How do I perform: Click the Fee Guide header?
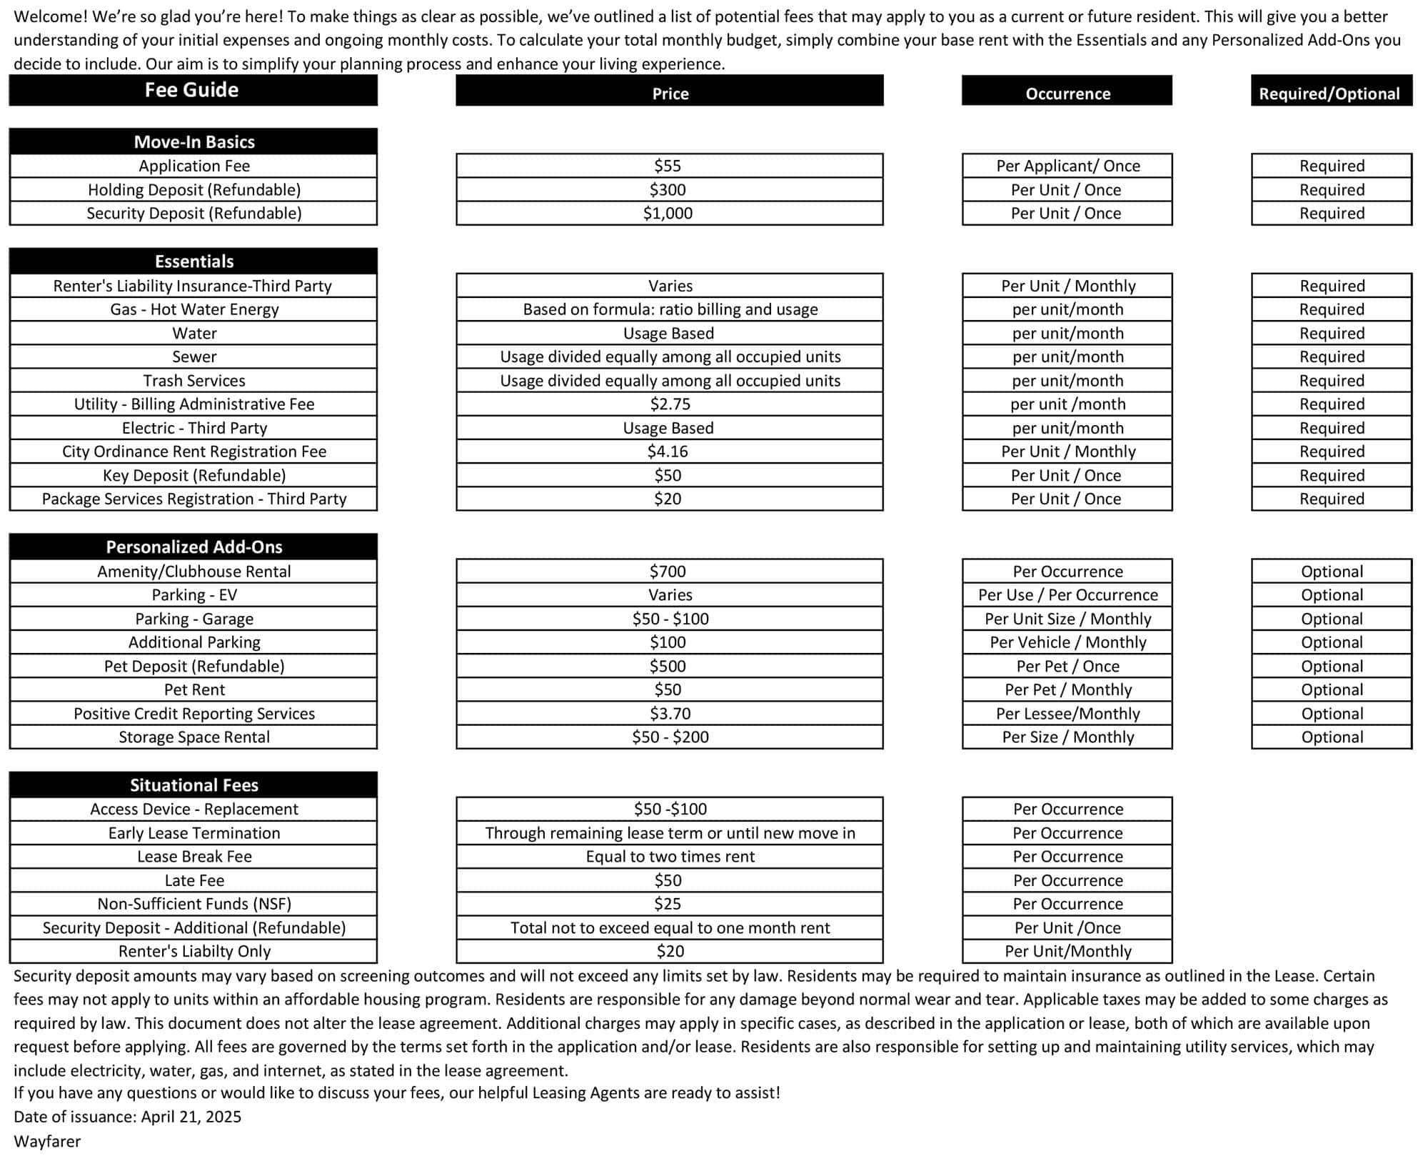click(x=192, y=90)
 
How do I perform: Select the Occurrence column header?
click(x=1067, y=94)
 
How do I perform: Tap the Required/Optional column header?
click(x=1329, y=94)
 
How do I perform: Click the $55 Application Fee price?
click(x=668, y=166)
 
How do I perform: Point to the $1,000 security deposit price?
click(x=668, y=213)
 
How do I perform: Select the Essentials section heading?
click(x=193, y=261)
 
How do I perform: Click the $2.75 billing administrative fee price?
click(x=670, y=404)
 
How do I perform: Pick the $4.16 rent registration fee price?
click(x=668, y=452)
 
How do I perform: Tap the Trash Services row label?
click(x=193, y=380)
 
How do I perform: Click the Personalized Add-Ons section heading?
click(x=193, y=547)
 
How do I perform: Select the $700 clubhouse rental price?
click(x=668, y=571)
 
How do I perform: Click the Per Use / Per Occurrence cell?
click(x=1067, y=594)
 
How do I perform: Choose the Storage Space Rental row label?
click(x=193, y=737)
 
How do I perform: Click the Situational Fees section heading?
click(x=193, y=784)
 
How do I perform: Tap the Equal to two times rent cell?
click(x=670, y=856)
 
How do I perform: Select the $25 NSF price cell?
click(x=668, y=904)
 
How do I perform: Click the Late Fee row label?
click(x=193, y=880)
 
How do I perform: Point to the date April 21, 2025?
click(x=191, y=1116)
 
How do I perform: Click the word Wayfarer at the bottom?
click(x=47, y=1141)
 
